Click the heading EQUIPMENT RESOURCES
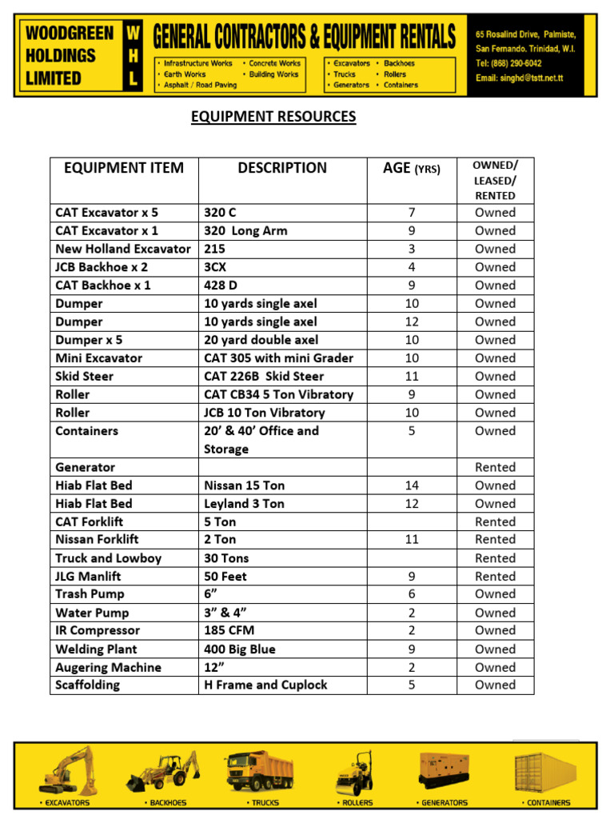click(x=273, y=118)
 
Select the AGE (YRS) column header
click(x=411, y=168)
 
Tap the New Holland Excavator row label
click(x=123, y=249)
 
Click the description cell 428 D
click(x=221, y=286)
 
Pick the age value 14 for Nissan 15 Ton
click(x=411, y=485)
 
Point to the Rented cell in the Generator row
click(x=495, y=467)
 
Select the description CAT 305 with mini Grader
click(x=278, y=358)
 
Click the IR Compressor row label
click(x=98, y=631)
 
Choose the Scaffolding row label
click(x=88, y=685)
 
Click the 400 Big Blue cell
click(x=240, y=649)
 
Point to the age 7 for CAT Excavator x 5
click(x=411, y=213)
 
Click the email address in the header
click(x=526, y=78)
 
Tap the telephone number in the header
click(x=508, y=63)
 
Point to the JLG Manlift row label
click(x=88, y=577)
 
